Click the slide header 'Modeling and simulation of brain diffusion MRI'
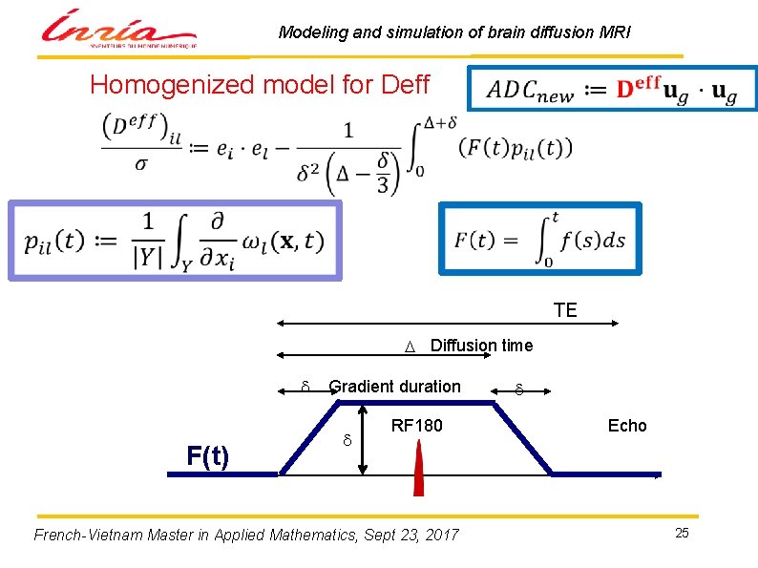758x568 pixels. (454, 32)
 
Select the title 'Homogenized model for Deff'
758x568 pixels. (260, 85)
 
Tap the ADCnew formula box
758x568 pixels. (612, 89)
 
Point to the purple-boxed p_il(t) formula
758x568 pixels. (175, 240)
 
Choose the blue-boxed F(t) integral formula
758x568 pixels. (540, 240)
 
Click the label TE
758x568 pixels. (565, 310)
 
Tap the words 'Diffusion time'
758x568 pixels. (481, 345)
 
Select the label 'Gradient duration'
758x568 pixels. (394, 387)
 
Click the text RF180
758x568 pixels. (417, 426)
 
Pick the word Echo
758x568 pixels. (627, 426)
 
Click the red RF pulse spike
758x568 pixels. (418, 473)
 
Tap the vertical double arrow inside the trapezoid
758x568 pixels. (363, 439)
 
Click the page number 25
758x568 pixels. (682, 533)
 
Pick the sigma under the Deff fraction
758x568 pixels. (141, 163)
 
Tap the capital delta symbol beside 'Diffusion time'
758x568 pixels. (408, 347)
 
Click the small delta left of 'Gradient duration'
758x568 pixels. (305, 387)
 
